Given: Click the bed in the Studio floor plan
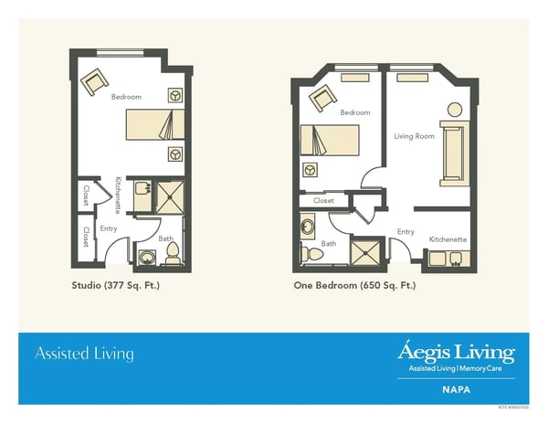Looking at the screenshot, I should pos(146,123).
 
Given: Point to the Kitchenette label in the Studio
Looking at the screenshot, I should pos(118,195).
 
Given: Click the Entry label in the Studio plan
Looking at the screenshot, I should pos(109,227).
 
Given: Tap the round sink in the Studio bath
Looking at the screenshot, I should pos(144,257).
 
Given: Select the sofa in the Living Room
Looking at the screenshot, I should pos(452,154).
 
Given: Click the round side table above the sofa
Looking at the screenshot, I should pos(453,111).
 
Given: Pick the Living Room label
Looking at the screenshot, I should pos(414,136).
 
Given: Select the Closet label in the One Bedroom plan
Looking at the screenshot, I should pos(324,200).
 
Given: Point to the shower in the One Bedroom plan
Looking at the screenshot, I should pos(366,252).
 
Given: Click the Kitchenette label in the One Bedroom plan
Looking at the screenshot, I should pos(448,239).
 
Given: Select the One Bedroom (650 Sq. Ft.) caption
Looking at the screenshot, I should pos(354,285).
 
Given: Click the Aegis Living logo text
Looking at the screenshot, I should pos(456,352).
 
